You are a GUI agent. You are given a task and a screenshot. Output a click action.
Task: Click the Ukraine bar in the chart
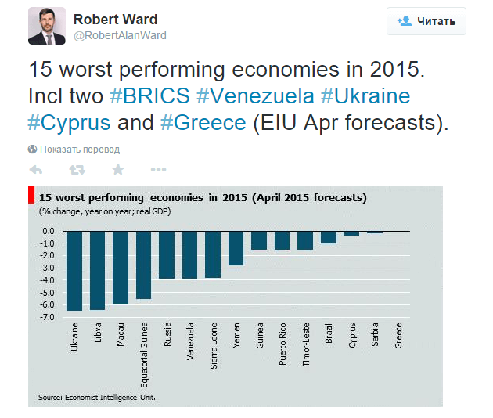(74, 271)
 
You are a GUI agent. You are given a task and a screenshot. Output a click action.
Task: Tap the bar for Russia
(167, 255)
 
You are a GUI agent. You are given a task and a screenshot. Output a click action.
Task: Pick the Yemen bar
(236, 248)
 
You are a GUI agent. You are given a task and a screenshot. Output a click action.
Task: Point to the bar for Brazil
(329, 237)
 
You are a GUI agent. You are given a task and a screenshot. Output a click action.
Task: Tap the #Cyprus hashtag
(69, 123)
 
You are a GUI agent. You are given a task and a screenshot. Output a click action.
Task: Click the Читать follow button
(426, 21)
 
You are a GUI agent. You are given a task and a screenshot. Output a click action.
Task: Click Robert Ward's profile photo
(47, 27)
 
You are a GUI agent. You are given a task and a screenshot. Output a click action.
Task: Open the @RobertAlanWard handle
(120, 35)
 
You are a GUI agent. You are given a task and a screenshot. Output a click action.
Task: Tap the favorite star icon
(118, 169)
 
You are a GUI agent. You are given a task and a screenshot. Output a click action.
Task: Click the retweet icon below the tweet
(77, 169)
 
